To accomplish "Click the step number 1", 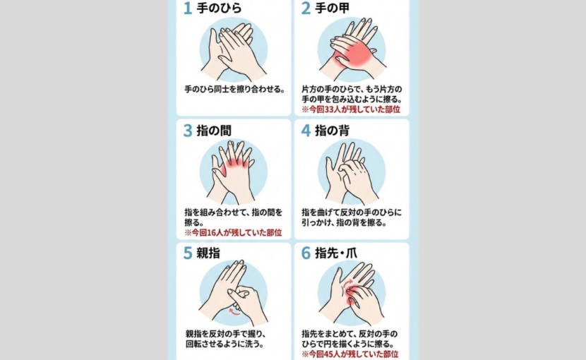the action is [188, 8].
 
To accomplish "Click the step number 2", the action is [306, 8].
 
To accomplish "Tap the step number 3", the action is [188, 131].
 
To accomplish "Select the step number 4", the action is [306, 131].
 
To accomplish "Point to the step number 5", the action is [188, 253].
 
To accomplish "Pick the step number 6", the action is [306, 253].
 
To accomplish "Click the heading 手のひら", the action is [219, 8].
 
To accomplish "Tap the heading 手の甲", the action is [333, 8].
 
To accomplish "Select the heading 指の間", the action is [214, 131].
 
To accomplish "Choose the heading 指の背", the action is [333, 131].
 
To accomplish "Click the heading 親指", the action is [208, 253].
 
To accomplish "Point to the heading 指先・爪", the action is [336, 253].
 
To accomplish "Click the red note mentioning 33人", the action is [351, 109].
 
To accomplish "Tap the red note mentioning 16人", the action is [233, 232].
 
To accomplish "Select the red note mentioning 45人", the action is [349, 354].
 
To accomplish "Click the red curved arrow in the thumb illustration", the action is [234, 312].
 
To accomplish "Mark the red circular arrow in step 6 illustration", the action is [347, 283].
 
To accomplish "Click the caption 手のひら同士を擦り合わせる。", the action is [235, 90].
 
